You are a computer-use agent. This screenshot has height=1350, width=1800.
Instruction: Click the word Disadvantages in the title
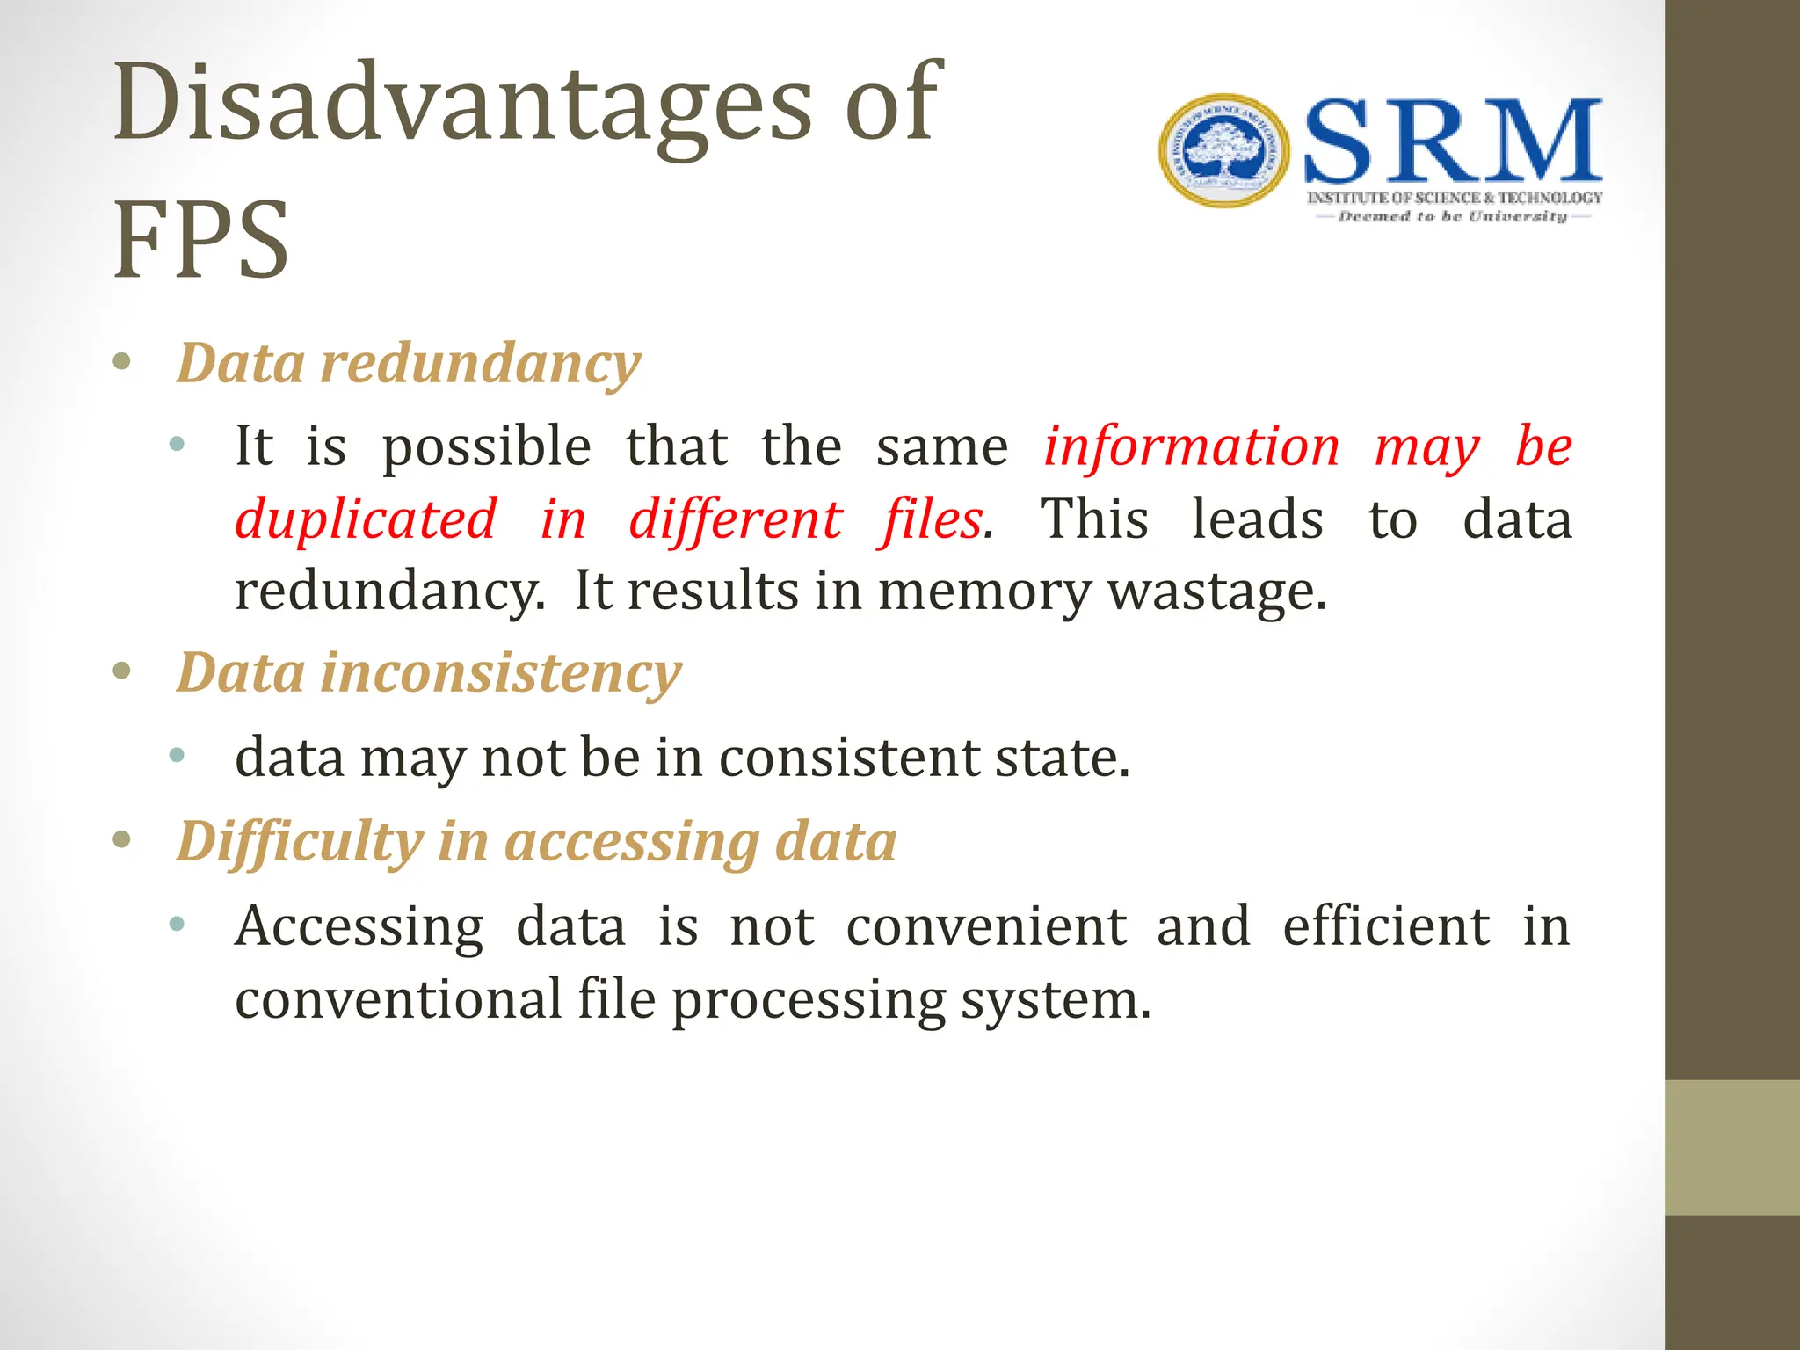(462, 104)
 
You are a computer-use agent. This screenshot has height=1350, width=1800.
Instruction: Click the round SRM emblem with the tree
(1223, 151)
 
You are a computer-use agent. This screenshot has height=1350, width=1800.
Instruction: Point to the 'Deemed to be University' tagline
(1452, 216)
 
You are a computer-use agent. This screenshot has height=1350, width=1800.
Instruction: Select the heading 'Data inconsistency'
(429, 672)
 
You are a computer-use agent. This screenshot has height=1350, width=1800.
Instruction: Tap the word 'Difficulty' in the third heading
(300, 841)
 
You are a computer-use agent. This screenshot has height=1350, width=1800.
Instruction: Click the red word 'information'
(1192, 446)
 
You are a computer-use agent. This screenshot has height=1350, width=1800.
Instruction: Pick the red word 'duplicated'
(366, 519)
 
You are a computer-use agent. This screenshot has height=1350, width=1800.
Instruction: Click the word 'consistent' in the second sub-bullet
(849, 757)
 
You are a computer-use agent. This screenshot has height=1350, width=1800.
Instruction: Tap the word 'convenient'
(986, 925)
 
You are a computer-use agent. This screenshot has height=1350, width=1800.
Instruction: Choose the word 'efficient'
(1386, 925)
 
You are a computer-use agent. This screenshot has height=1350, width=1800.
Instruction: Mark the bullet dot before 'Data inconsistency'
(122, 672)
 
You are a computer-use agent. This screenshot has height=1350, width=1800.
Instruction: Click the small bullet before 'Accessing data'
(177, 924)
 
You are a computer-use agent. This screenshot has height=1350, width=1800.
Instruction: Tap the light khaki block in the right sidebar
(1731, 1147)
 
